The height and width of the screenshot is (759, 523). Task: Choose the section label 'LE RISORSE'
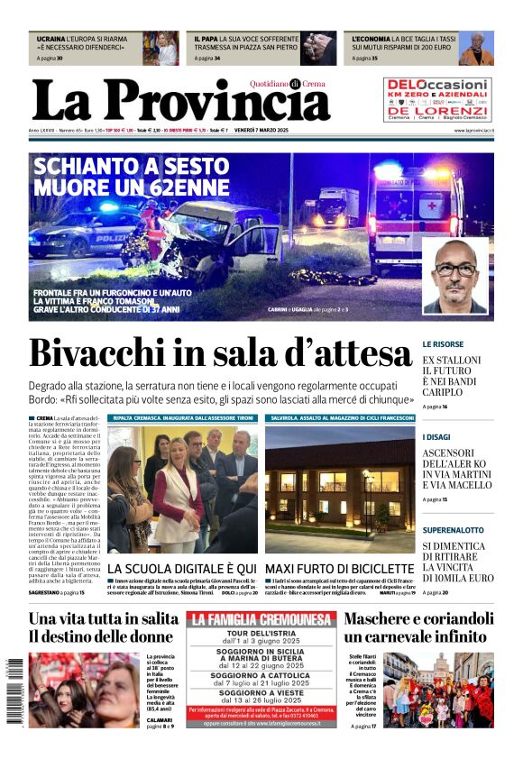pos(443,344)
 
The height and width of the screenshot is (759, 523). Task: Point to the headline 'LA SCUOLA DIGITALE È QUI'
pos(181,569)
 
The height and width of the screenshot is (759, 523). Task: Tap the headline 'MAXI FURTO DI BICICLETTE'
pos(338,569)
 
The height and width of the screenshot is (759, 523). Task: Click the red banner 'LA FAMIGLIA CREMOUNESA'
pos(261,620)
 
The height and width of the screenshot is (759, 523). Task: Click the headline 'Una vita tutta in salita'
pos(103,619)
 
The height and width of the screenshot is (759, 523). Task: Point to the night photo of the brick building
pos(340,491)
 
